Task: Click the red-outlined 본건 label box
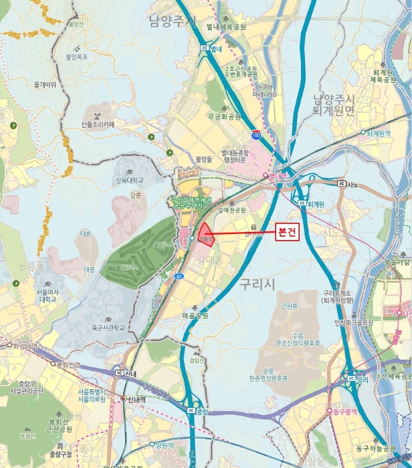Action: coord(288,231)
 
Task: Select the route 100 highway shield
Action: coord(256,134)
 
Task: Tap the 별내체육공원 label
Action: coord(226,27)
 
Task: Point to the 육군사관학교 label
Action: coord(108,328)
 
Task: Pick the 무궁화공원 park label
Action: coord(223,116)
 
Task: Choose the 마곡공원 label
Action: coord(195,315)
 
